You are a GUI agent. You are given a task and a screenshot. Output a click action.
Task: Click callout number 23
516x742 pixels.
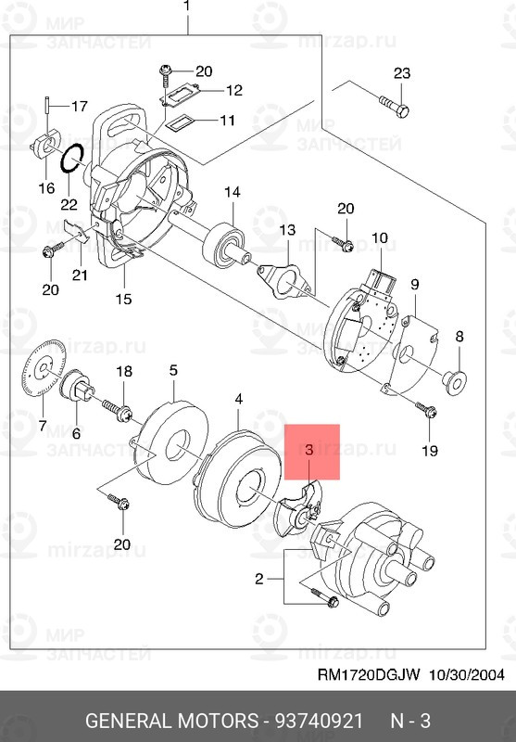tap(401, 74)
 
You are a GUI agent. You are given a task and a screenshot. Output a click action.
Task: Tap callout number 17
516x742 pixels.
tap(79, 105)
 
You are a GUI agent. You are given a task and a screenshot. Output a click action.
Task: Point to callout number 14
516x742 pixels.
tap(231, 192)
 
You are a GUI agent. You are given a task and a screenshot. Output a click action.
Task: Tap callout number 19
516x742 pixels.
tap(428, 451)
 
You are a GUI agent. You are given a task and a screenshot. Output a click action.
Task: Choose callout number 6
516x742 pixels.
tap(76, 433)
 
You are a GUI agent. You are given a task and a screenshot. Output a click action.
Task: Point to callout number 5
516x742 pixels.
tap(173, 370)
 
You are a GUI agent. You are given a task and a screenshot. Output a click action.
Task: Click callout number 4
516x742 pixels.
tap(239, 399)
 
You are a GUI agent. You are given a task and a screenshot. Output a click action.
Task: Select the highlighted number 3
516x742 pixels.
tap(309, 449)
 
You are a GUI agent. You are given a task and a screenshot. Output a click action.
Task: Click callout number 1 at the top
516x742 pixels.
tap(186, 6)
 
